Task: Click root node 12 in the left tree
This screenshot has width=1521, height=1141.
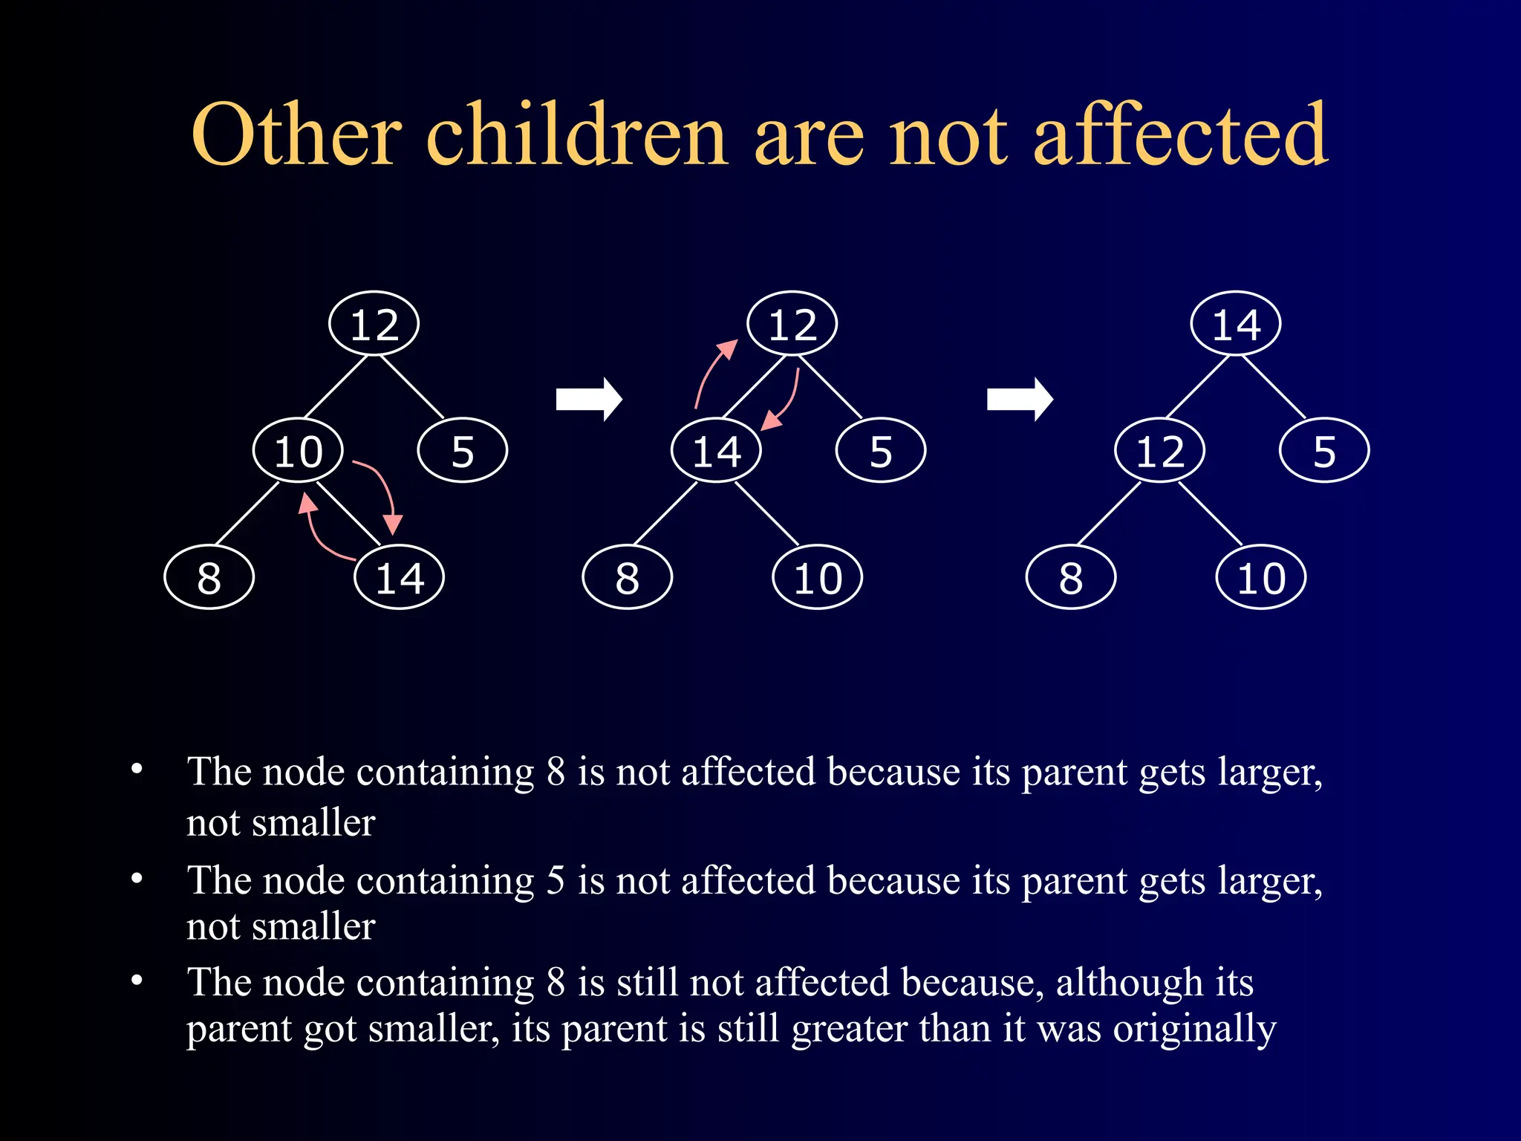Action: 374,324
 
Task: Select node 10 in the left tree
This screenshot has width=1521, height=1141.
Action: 298,451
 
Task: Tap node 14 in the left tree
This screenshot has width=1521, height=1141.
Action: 400,577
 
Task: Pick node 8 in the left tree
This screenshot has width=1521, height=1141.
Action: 209,577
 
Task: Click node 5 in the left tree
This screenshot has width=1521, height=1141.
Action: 463,451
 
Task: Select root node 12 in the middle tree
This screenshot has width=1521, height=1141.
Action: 792,324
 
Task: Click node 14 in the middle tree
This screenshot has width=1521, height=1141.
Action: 716,451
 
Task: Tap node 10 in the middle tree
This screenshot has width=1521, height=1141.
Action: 818,577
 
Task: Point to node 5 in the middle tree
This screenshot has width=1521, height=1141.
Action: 881,451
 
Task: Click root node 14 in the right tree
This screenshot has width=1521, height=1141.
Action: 1236,324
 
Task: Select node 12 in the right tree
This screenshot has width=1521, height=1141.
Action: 1159,451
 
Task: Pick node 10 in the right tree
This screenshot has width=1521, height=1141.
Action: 1261,577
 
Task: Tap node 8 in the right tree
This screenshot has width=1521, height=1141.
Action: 1070,577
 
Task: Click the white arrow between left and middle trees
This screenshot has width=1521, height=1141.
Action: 589,400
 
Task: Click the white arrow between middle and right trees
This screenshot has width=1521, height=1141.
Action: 1020,400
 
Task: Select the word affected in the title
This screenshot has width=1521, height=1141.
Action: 1180,135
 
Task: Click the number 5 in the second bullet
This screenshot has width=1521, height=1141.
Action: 556,880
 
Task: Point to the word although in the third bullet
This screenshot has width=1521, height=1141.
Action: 1129,983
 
